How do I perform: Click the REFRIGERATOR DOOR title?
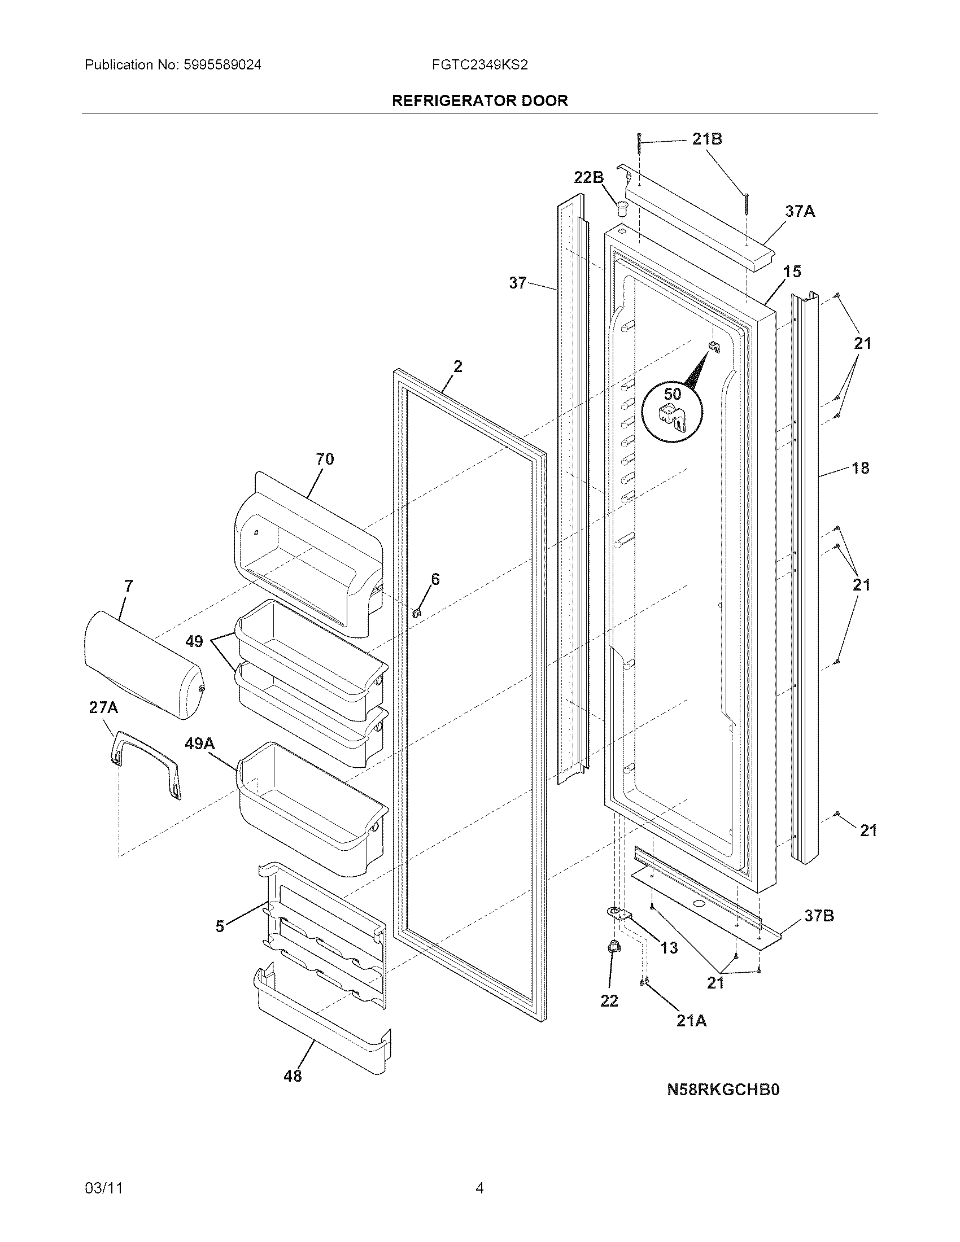click(479, 100)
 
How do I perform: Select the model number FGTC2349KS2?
click(479, 65)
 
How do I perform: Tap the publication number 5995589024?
click(222, 65)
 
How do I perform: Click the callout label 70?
click(325, 459)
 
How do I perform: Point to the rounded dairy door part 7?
click(142, 666)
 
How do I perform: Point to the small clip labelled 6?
click(417, 613)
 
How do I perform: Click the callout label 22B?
click(588, 177)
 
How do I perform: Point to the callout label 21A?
click(691, 1021)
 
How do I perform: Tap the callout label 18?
click(861, 468)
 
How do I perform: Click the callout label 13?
click(669, 947)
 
